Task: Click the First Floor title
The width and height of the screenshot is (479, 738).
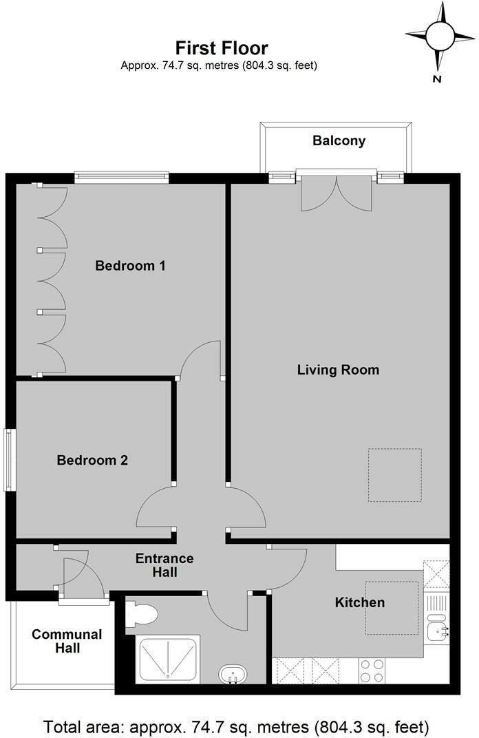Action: tap(221, 48)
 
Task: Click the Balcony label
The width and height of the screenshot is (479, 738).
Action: tap(339, 141)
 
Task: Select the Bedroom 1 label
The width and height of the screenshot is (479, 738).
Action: tap(130, 266)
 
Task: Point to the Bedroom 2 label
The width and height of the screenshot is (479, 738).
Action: tap(92, 460)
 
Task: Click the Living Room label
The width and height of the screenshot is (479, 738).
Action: tap(338, 370)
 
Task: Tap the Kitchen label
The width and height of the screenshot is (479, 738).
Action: tap(359, 602)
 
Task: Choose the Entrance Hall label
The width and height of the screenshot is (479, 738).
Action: tap(164, 565)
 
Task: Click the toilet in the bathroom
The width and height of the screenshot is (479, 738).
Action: tap(142, 614)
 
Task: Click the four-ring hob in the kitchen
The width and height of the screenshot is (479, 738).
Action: tap(372, 671)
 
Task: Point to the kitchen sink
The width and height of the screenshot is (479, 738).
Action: tap(436, 629)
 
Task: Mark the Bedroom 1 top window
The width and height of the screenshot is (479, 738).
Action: tap(122, 177)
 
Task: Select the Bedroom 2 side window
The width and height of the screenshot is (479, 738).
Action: tap(10, 460)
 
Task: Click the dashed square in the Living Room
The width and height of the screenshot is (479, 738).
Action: tap(394, 475)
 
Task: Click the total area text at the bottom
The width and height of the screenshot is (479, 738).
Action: tap(236, 726)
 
